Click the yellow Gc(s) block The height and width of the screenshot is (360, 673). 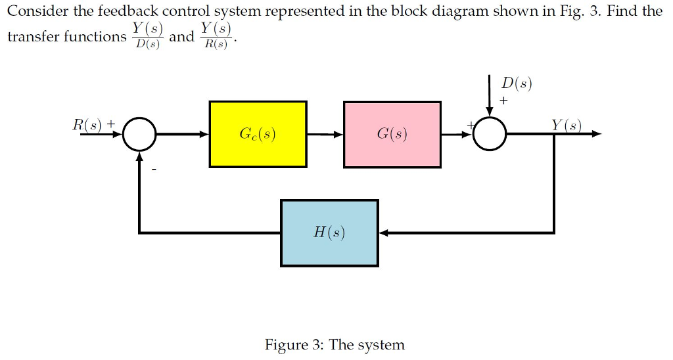tap(258, 134)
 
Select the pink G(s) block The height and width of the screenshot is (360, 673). tap(392, 134)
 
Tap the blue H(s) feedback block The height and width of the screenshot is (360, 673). tap(329, 233)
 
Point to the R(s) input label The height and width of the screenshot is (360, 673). tap(89, 124)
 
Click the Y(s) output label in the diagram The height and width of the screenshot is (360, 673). tap(566, 124)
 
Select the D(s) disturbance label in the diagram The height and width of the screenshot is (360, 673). tap(516, 83)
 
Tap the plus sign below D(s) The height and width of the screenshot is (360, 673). tap(504, 101)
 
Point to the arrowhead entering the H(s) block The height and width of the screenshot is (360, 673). tap(384, 233)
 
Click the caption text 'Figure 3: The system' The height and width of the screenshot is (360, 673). tap(335, 344)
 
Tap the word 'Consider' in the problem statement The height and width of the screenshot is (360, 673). tap(34, 11)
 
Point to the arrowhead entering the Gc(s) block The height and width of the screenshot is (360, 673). tap(204, 134)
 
